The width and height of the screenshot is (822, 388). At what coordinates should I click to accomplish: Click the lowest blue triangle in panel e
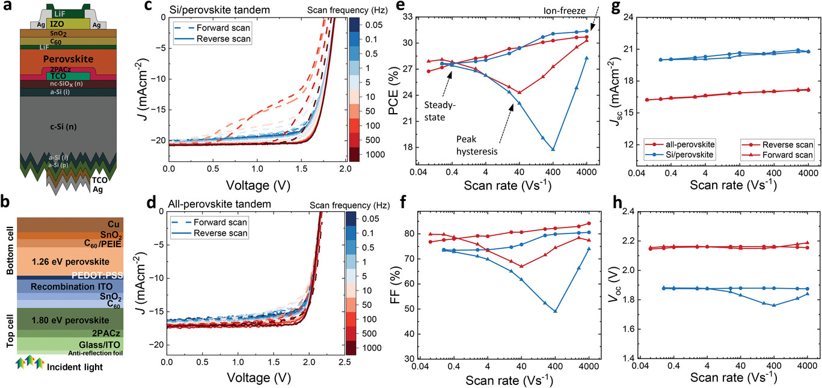coord(553,149)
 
